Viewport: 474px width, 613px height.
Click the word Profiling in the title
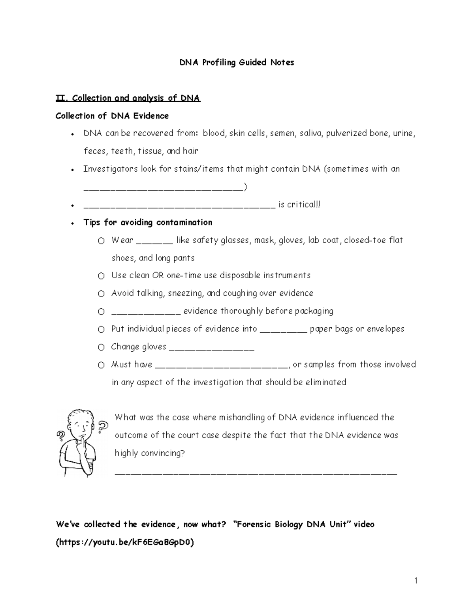pyautogui.click(x=219, y=62)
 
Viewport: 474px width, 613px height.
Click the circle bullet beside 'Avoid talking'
pyautogui.click(x=102, y=294)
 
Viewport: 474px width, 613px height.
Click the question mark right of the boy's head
pyautogui.click(x=103, y=426)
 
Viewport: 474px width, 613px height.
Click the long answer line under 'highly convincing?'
pyautogui.click(x=256, y=473)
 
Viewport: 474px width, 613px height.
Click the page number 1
pyautogui.click(x=416, y=580)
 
